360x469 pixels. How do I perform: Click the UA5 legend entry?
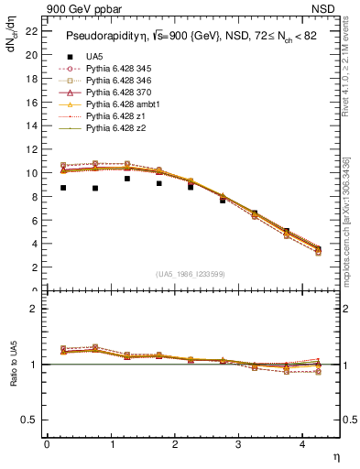[93, 57]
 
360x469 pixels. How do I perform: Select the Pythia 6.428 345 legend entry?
[122, 69]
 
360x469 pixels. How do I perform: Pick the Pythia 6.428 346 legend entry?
[122, 81]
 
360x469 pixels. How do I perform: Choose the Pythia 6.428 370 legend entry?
[122, 93]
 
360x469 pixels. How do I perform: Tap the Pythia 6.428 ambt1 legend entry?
[124, 104]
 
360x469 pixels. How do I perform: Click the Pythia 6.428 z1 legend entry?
[118, 116]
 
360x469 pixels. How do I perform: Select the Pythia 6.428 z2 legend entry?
[118, 128]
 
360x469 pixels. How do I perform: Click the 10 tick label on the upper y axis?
[33, 173]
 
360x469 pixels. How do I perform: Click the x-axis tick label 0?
[47, 444]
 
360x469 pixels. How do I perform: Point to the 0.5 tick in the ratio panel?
[31, 420]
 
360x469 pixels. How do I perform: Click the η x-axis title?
[334, 455]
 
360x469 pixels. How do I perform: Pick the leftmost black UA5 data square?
[63, 188]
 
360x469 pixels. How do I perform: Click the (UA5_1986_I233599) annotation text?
[192, 274]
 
